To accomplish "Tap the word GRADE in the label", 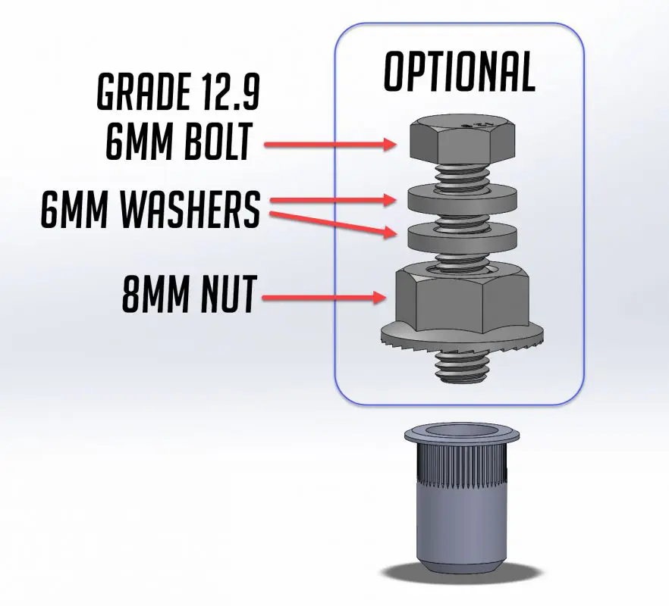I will pos(140,93).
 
